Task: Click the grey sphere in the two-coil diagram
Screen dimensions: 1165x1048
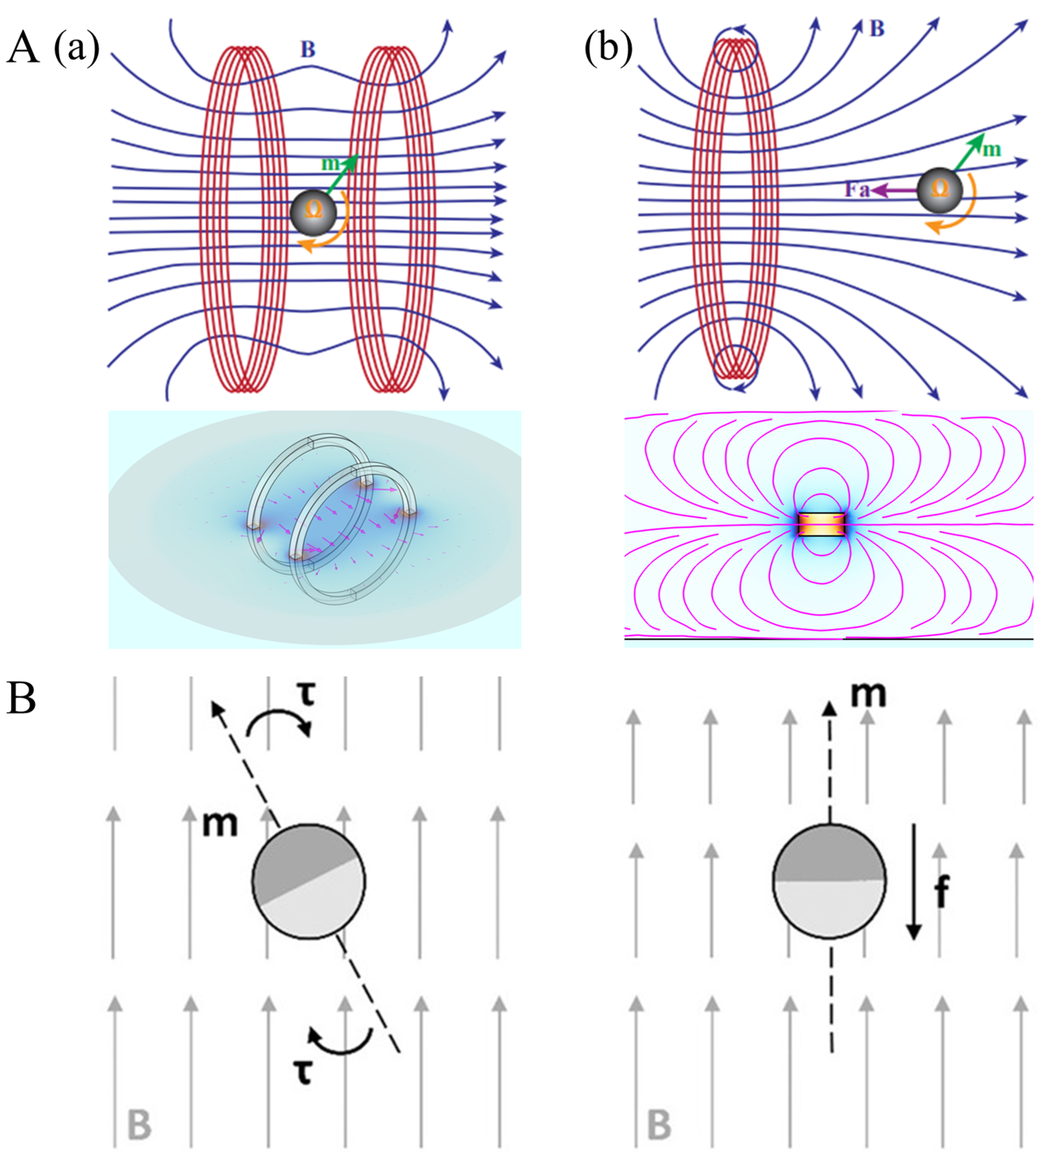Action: tap(313, 211)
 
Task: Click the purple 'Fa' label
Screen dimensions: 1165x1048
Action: tap(857, 189)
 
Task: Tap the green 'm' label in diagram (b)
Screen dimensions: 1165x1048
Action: tap(991, 150)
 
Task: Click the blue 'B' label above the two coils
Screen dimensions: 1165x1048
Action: tap(308, 49)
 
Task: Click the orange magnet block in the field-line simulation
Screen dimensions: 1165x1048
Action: tap(821, 524)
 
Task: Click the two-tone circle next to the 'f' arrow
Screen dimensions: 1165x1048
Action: tap(829, 881)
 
